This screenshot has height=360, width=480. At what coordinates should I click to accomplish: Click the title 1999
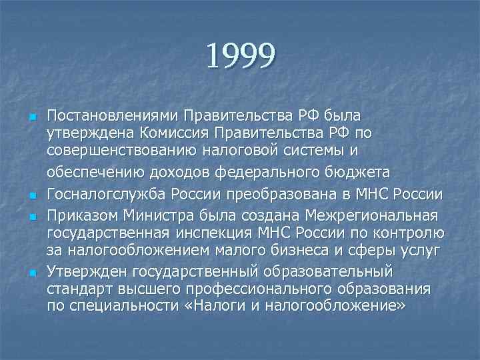pyautogui.click(x=240, y=57)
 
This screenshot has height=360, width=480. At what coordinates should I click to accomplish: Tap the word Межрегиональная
pyautogui.click(x=371, y=215)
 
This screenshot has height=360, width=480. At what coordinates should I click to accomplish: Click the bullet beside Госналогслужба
pyautogui.click(x=31, y=195)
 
